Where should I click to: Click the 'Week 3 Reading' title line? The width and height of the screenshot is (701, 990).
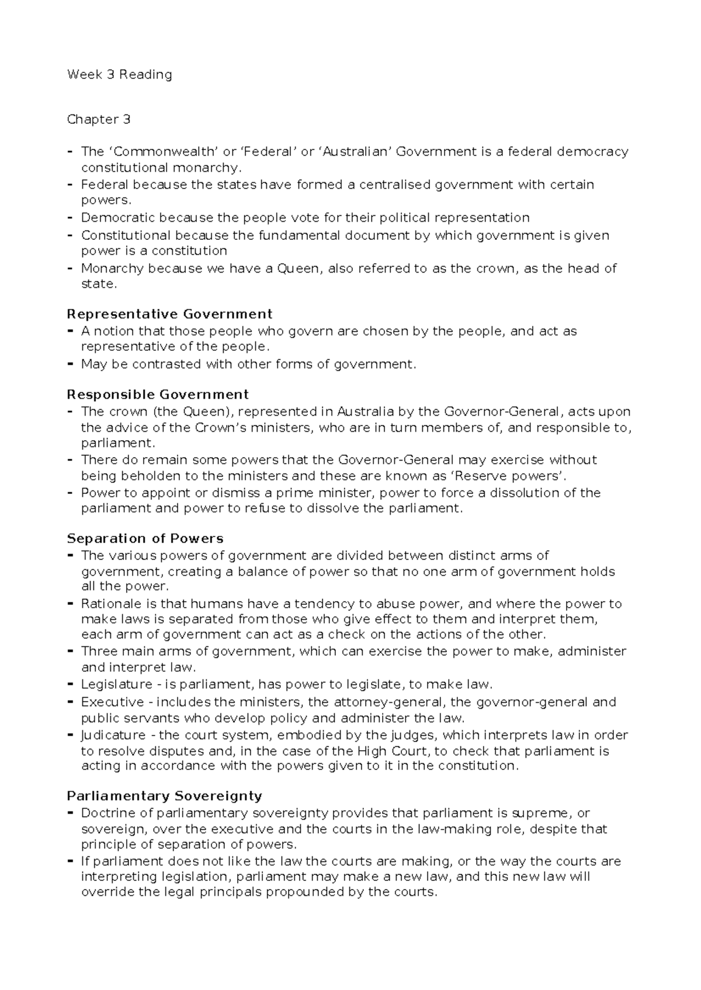click(x=119, y=75)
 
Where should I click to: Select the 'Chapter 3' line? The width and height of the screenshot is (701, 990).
click(x=99, y=120)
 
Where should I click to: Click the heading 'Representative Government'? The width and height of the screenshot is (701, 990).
click(x=169, y=314)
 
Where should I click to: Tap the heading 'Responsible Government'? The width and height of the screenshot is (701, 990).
click(x=158, y=394)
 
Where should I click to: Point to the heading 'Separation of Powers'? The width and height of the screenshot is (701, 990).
click(x=145, y=538)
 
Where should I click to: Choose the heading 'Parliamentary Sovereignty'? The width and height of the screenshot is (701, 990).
click(x=164, y=796)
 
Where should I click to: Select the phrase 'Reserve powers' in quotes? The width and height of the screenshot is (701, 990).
click(x=517, y=475)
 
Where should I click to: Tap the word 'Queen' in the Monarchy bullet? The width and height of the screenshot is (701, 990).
click(x=299, y=269)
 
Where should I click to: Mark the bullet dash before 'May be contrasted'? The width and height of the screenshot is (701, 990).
click(x=70, y=364)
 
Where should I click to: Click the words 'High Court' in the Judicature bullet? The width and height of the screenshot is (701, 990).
click(x=386, y=751)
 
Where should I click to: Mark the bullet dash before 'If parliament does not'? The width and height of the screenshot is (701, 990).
click(x=70, y=861)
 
